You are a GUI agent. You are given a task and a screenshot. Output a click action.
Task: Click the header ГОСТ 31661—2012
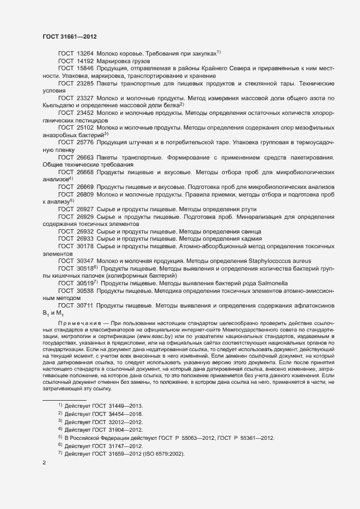[70, 36]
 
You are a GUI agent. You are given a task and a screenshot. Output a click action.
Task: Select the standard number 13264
[85, 53]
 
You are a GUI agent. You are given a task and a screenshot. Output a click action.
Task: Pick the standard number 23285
[85, 84]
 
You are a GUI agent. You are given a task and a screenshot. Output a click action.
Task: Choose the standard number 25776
[85, 142]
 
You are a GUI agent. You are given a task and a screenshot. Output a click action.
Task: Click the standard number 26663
[85, 157]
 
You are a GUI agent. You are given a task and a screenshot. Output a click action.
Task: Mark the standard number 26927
[85, 209]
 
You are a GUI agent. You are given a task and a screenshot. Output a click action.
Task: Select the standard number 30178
[85, 247]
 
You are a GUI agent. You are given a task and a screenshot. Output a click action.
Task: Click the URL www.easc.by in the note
[155, 336]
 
